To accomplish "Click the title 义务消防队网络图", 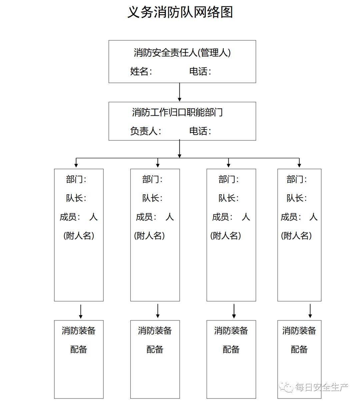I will [180, 12].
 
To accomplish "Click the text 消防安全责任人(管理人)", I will [182, 53].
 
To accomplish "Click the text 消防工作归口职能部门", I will [177, 112].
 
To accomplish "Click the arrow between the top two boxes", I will [180, 92].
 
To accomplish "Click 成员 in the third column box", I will [221, 217].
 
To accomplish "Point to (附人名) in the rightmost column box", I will [296, 236].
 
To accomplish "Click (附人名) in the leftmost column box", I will [79, 236].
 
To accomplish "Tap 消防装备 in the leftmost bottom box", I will [79, 331].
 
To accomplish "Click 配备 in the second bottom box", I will [155, 349].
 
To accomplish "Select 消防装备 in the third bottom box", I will [231, 331].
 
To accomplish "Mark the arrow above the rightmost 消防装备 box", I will [310, 311].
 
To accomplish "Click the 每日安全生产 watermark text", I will [321, 387].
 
